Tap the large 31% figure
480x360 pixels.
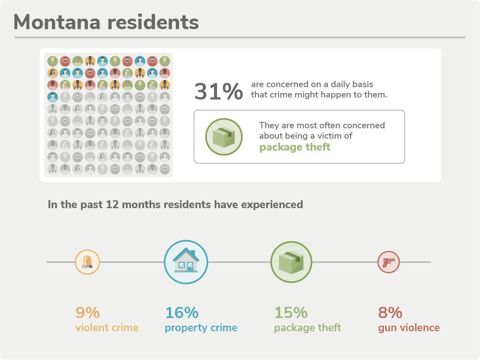[218, 91]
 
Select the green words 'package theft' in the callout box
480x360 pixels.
[295, 147]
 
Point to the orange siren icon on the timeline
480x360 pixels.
[87, 262]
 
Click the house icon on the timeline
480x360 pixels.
[186, 261]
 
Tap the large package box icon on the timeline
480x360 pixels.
[291, 262]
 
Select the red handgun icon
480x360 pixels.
[388, 262]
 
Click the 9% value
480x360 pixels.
[88, 312]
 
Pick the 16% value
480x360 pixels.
[181, 312]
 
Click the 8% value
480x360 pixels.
[390, 312]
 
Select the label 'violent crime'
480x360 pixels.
[107, 328]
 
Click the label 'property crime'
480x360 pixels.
[201, 328]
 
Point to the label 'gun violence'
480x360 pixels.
[409, 328]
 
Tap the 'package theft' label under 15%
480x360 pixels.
[308, 328]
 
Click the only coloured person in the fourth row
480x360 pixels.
[52, 97]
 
